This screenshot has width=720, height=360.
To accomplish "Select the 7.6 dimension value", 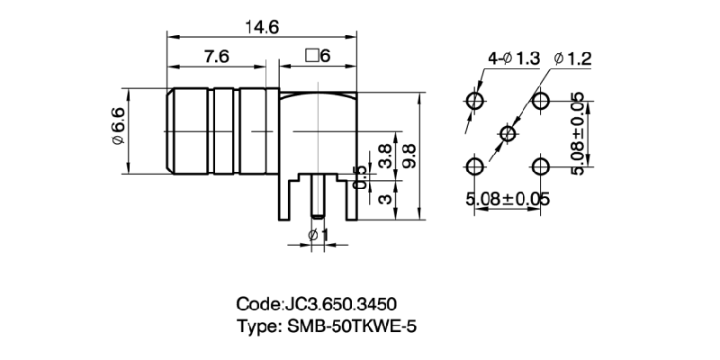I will [216, 56].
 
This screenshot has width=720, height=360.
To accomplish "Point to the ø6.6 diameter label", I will [117, 129].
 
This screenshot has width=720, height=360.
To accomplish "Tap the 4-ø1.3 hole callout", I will [513, 58].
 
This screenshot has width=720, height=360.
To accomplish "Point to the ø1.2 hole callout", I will [573, 58].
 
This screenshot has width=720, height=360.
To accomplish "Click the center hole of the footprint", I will [508, 134].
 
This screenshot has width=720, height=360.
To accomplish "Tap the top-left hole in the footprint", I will [475, 99].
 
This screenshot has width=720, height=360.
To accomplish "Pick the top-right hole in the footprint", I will [541, 99].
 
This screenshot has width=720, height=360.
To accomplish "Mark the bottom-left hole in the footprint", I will [475, 166].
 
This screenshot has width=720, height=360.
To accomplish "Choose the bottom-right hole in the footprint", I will [541, 166].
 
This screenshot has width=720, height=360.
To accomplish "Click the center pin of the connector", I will [318, 198].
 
